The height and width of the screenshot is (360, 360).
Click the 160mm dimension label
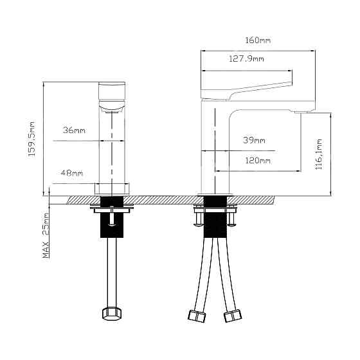point(258,40)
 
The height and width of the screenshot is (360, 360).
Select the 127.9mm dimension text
point(247,59)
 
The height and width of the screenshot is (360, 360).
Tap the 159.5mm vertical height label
point(32,139)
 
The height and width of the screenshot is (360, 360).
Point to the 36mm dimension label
point(74,130)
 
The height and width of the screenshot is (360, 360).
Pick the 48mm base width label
point(72,173)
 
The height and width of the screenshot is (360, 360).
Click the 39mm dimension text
point(254,140)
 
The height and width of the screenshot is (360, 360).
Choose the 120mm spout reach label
point(258,160)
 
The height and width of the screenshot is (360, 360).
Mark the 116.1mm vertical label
point(319,154)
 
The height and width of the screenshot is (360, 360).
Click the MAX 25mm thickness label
point(46,235)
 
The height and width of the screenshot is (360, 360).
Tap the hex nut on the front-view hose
point(112,314)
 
